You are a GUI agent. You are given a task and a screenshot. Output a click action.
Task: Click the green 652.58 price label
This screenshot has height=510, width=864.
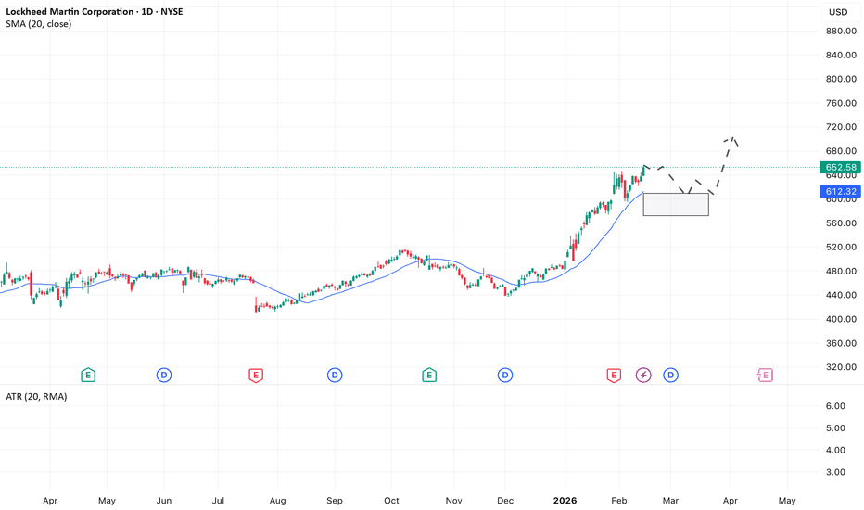(x=840, y=168)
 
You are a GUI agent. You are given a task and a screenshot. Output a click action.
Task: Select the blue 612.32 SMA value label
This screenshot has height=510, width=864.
(x=840, y=192)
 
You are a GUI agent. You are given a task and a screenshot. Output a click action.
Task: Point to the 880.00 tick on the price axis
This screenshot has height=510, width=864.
(x=840, y=32)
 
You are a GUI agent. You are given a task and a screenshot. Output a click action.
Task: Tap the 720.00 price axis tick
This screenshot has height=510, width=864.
(x=840, y=127)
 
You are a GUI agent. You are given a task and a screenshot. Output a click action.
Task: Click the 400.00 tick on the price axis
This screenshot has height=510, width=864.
(x=840, y=319)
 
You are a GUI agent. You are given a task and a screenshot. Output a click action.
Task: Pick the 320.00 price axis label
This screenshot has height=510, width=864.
(x=840, y=367)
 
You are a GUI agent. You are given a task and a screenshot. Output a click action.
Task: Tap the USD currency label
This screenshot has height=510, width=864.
(x=838, y=12)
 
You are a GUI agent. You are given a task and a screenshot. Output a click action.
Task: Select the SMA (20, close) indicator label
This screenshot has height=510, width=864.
(x=38, y=23)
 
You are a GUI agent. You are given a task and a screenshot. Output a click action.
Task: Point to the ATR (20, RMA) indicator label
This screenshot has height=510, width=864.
(x=36, y=396)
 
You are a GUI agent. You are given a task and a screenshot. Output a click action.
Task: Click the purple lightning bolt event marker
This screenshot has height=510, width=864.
(x=643, y=375)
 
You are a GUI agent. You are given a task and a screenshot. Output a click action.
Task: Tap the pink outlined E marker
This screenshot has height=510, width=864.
(x=765, y=375)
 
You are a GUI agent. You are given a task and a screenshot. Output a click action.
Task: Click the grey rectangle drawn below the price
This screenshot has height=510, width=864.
(x=676, y=204)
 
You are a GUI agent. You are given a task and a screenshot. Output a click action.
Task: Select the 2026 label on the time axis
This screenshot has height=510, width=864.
(x=565, y=500)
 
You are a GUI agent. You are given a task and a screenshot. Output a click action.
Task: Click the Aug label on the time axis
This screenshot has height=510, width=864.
(x=277, y=500)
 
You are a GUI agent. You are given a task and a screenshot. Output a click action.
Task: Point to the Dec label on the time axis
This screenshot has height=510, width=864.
(x=505, y=500)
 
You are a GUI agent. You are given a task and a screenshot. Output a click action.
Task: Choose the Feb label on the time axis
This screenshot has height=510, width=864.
(x=618, y=500)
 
